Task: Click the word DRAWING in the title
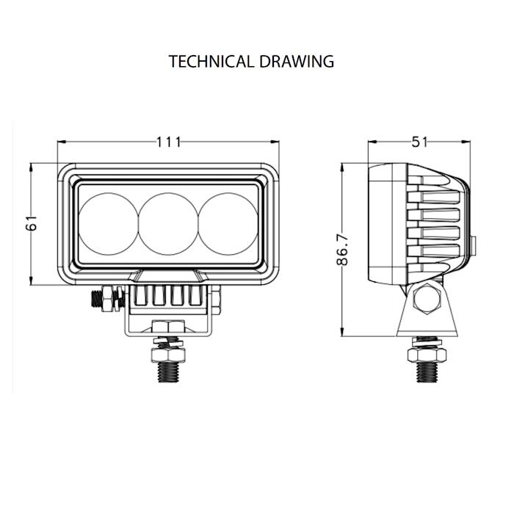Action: coord(297,61)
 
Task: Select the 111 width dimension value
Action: coord(168,142)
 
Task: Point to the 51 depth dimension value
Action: coord(419,142)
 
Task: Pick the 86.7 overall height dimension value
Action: coord(343,250)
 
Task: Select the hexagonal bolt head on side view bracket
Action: coord(427,299)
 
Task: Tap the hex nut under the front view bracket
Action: coord(168,327)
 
